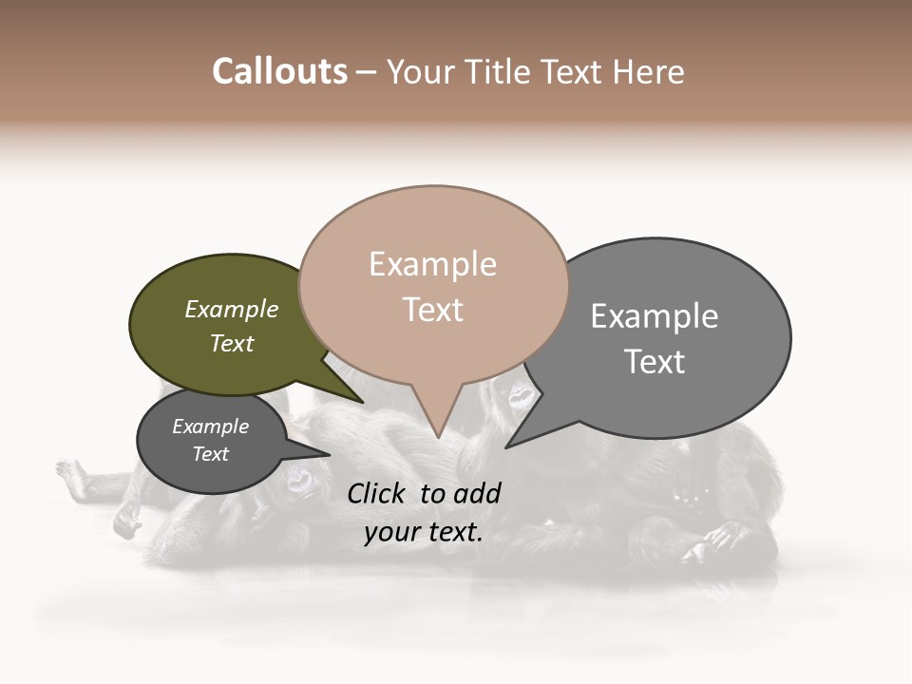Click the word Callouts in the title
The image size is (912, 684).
pyautogui.click(x=279, y=72)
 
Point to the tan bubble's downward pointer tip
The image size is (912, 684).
pyautogui.click(x=438, y=437)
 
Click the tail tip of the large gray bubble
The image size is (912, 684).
pyautogui.click(x=508, y=446)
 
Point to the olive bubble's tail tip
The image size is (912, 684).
pyautogui.click(x=362, y=402)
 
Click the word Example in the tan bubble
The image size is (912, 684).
pyautogui.click(x=432, y=264)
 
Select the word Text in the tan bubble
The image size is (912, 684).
pyautogui.click(x=432, y=310)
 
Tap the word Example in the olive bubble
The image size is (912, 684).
pyautogui.click(x=232, y=310)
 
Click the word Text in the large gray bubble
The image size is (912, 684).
pyautogui.click(x=655, y=362)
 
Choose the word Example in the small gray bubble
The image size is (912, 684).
pyautogui.click(x=210, y=427)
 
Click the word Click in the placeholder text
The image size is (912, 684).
pyautogui.click(x=378, y=493)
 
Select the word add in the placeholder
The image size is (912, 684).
pyautogui.click(x=477, y=493)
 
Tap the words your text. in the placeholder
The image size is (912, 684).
pyautogui.click(x=424, y=532)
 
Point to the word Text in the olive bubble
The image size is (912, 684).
pyautogui.click(x=232, y=343)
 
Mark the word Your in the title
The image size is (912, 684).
pyautogui.click(x=420, y=72)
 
